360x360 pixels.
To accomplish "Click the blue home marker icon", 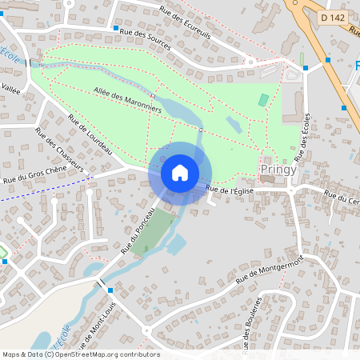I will [180, 172].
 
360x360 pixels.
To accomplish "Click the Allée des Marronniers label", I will [127, 99].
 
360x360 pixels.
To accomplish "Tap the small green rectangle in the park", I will [264, 100].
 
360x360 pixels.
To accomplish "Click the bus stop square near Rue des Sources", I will [116, 28].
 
